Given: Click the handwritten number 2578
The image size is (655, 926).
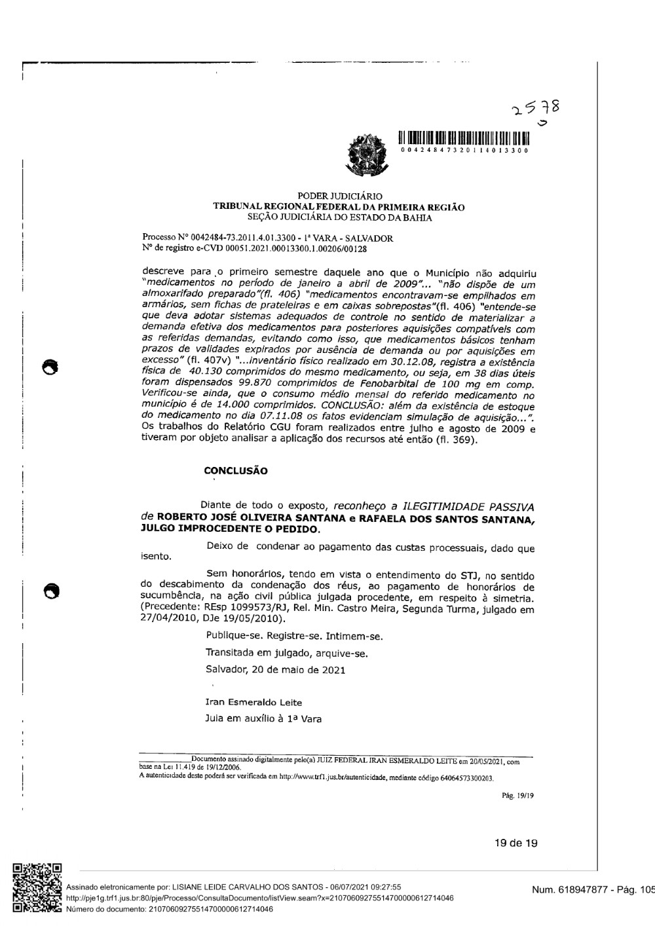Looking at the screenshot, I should (536, 107).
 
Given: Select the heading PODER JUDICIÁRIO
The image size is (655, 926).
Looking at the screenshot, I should (340, 196).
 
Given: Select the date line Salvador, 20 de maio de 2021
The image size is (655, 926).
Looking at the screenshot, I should (275, 670).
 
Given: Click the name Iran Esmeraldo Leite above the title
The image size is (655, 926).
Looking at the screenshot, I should (244, 702).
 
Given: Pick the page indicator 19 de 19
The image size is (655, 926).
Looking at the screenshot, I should (516, 843).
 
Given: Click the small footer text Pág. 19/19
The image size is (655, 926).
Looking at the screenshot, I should (517, 796).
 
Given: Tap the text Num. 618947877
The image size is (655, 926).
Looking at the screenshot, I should (567, 890).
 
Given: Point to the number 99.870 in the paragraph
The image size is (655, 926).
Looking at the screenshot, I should (227, 384).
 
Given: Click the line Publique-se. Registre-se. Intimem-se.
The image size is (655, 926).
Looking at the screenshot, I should (294, 636).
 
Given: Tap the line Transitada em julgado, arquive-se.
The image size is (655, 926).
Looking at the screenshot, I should (286, 653).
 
